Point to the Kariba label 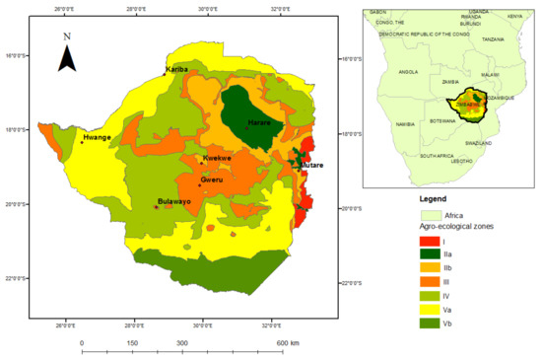click(x=178, y=70)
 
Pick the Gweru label click(x=212, y=180)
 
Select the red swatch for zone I click(x=431, y=241)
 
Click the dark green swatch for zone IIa click(x=431, y=254)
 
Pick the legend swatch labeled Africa click(x=431, y=214)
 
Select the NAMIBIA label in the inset click(x=404, y=124)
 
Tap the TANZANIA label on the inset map click(x=493, y=39)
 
